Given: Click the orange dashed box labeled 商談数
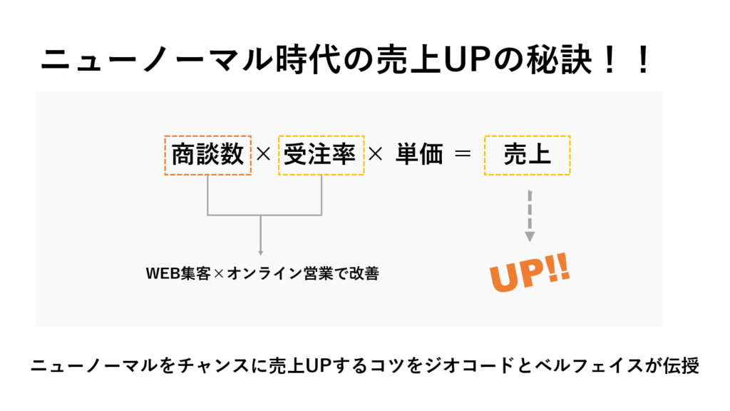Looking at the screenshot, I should coord(207,155).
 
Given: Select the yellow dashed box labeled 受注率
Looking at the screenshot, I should coord(321,155).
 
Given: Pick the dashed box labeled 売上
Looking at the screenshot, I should coord(527,155).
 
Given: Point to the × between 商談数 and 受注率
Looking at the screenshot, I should coord(264,155).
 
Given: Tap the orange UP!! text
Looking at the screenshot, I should coord(530,273).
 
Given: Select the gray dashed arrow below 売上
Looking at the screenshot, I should coord(530,214).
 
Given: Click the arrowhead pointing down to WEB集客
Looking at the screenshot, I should coord(260,250).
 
